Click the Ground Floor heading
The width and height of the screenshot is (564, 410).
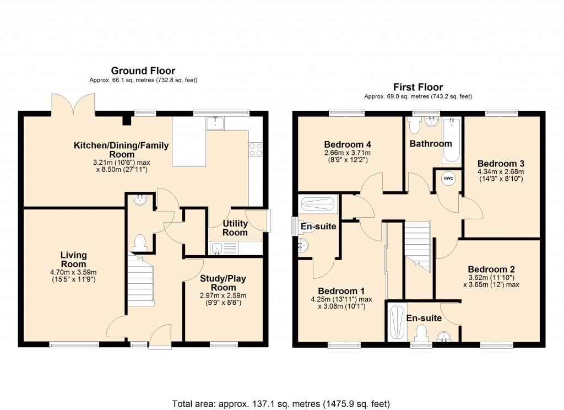[143, 71]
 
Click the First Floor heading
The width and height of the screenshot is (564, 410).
[417, 87]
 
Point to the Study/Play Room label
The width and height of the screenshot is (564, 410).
[223, 283]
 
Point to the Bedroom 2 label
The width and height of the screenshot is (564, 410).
[492, 269]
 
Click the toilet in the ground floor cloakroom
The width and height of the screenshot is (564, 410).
[140, 241]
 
